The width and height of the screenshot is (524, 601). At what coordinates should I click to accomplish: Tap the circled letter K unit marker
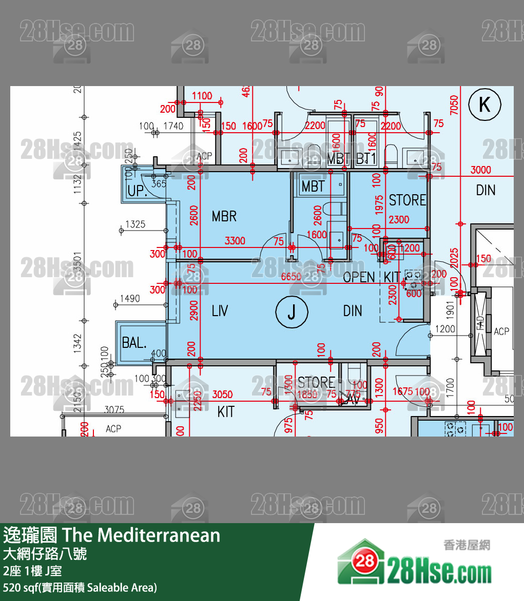(x=484, y=105)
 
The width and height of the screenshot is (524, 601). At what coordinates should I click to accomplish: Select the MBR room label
(x=224, y=216)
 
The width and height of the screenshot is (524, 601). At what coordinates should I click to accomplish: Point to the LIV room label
(x=220, y=310)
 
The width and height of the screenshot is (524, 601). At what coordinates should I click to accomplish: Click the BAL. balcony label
(x=134, y=343)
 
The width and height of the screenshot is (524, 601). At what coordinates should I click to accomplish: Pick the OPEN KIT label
(x=371, y=277)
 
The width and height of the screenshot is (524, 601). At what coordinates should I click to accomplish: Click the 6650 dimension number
(x=292, y=277)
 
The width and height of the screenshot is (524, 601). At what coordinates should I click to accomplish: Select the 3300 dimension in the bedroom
(x=235, y=241)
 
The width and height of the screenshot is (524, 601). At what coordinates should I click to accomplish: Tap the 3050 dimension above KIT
(x=222, y=395)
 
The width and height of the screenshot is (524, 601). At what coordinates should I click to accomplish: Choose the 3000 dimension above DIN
(x=481, y=170)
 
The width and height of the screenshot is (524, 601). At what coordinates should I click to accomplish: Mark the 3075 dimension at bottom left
(x=114, y=409)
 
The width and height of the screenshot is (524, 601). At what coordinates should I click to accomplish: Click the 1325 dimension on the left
(x=135, y=224)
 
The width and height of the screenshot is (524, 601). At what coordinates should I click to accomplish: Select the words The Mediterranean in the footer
(x=142, y=535)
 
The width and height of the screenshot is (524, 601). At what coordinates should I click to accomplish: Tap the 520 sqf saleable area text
(x=80, y=587)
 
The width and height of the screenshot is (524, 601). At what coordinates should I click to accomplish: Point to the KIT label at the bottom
(x=226, y=411)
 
